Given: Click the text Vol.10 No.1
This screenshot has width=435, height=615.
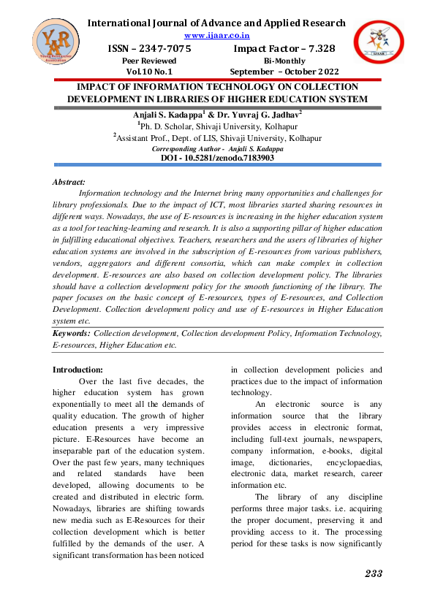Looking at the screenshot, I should pyautogui.click(x=149, y=72).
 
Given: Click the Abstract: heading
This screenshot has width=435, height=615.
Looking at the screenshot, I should pyautogui.click(x=69, y=181).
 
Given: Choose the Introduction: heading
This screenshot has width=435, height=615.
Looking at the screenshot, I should pyautogui.click(x=83, y=370).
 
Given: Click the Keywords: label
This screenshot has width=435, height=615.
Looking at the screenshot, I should pyautogui.click(x=72, y=332).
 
